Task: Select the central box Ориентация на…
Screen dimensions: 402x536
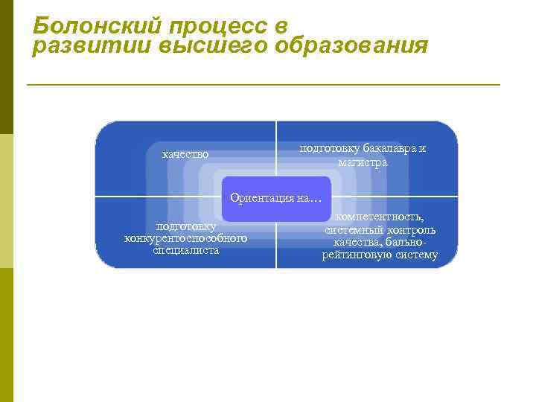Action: coord(276,198)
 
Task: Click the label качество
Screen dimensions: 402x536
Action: coord(185,154)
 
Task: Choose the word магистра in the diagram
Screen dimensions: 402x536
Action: coord(363,162)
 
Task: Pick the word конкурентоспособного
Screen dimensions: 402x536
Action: coord(185,238)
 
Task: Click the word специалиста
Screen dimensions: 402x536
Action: coord(186,250)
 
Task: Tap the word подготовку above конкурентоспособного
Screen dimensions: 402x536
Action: coord(186,226)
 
